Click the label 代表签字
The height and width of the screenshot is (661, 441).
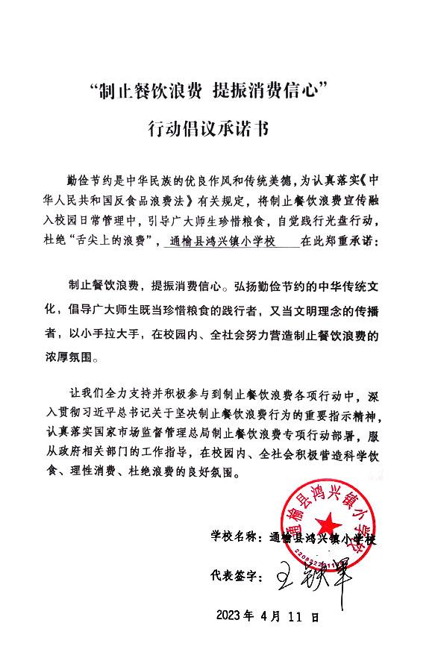click(235, 576)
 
